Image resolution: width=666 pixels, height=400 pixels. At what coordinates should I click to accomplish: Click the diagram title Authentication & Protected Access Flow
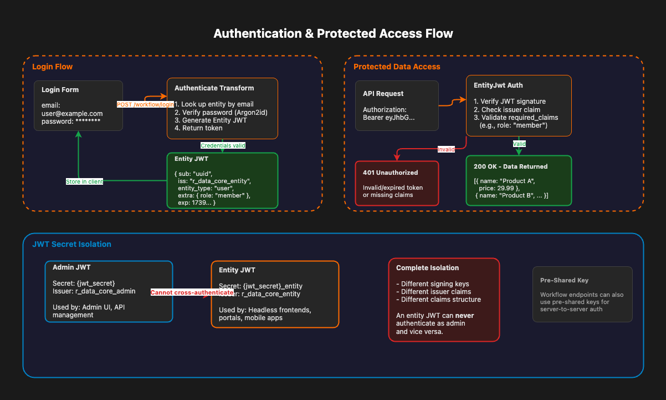click(x=333, y=34)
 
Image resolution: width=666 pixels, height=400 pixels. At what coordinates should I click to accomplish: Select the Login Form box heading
click(x=60, y=90)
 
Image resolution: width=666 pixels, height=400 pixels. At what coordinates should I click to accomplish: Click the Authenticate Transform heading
click(x=214, y=88)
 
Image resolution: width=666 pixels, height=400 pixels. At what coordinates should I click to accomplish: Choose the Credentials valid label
click(x=223, y=145)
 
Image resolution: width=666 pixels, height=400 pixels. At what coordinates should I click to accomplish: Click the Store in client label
click(x=84, y=181)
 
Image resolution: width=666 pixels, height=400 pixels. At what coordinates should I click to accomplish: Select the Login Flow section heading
click(x=52, y=67)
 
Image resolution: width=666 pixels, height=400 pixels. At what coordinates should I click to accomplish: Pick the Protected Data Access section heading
click(x=397, y=67)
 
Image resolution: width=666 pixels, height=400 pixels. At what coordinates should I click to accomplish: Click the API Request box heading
click(x=383, y=94)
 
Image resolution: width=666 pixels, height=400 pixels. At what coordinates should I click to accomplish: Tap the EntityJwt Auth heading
click(x=498, y=85)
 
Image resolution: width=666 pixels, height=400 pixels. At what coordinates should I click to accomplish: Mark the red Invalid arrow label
click(x=446, y=149)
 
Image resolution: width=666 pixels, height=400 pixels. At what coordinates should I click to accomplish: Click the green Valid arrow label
click(x=519, y=144)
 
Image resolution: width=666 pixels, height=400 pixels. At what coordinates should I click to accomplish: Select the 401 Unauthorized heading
click(x=390, y=172)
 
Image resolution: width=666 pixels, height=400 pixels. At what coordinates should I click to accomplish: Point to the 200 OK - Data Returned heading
click(x=510, y=166)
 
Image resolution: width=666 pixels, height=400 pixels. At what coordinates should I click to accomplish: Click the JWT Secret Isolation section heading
click(x=71, y=244)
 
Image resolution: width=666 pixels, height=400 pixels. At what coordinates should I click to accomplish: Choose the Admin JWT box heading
click(x=71, y=267)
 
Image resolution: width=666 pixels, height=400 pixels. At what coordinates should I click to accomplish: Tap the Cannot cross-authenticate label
click(x=192, y=292)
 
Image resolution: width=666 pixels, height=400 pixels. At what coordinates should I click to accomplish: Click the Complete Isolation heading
click(x=428, y=268)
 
